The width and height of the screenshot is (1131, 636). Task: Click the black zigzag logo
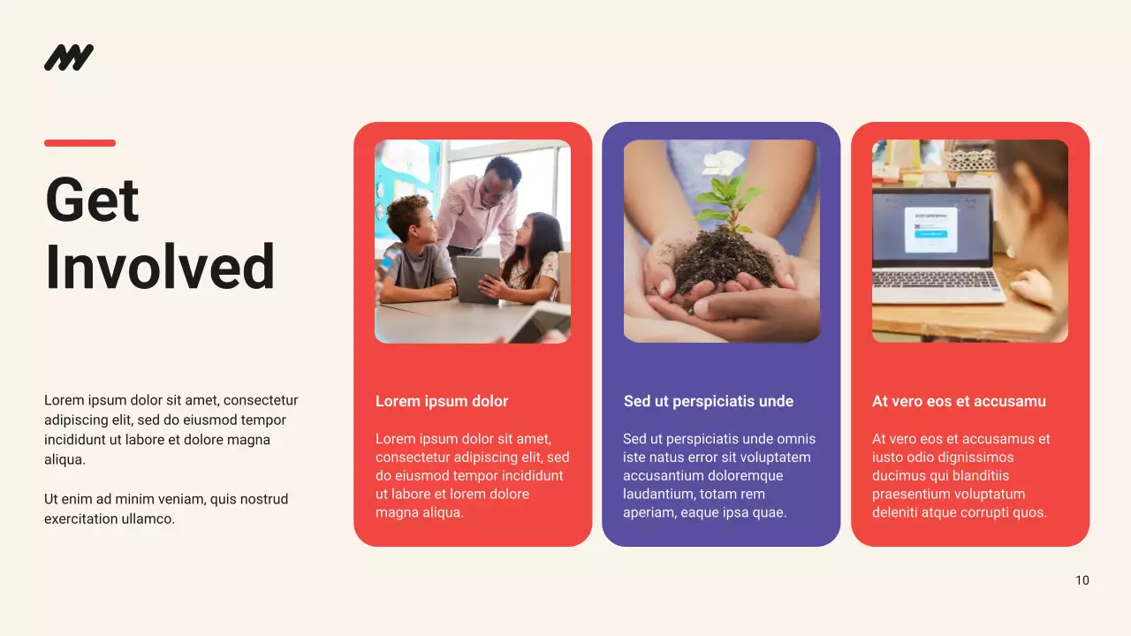tap(69, 57)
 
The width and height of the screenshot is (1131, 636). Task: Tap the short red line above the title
tap(80, 143)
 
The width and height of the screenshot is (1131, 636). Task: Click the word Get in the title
tap(92, 200)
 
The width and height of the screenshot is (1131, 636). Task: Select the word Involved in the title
tap(160, 267)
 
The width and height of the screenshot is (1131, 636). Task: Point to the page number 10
tap(1082, 580)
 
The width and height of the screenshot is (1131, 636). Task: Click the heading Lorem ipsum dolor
tap(442, 401)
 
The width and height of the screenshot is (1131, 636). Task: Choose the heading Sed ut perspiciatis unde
tap(709, 401)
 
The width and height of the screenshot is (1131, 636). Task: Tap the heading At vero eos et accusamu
tap(959, 401)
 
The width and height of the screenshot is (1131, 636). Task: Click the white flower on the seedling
tap(725, 163)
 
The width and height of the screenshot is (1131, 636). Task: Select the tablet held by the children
tap(477, 278)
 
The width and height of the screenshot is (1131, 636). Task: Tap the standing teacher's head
tap(502, 173)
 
